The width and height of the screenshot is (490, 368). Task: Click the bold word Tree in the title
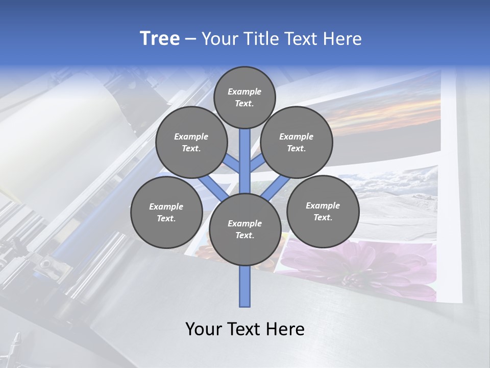pos(160,39)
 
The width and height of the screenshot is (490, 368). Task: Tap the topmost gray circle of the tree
pos(244,97)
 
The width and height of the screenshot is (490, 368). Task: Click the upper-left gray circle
pos(191,142)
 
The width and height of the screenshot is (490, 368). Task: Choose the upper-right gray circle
pos(297,142)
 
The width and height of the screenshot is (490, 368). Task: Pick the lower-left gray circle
pos(166,212)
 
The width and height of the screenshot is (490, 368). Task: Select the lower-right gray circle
pos(323,211)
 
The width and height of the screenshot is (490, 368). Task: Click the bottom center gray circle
pos(244,229)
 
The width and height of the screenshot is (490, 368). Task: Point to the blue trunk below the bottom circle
pos(245,286)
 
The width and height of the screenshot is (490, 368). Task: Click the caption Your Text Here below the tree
pos(244,329)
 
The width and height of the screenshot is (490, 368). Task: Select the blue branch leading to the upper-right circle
pos(257,165)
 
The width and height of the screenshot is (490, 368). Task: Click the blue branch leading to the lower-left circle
pos(212,188)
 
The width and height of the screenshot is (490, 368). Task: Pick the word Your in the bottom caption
pos(203,329)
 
